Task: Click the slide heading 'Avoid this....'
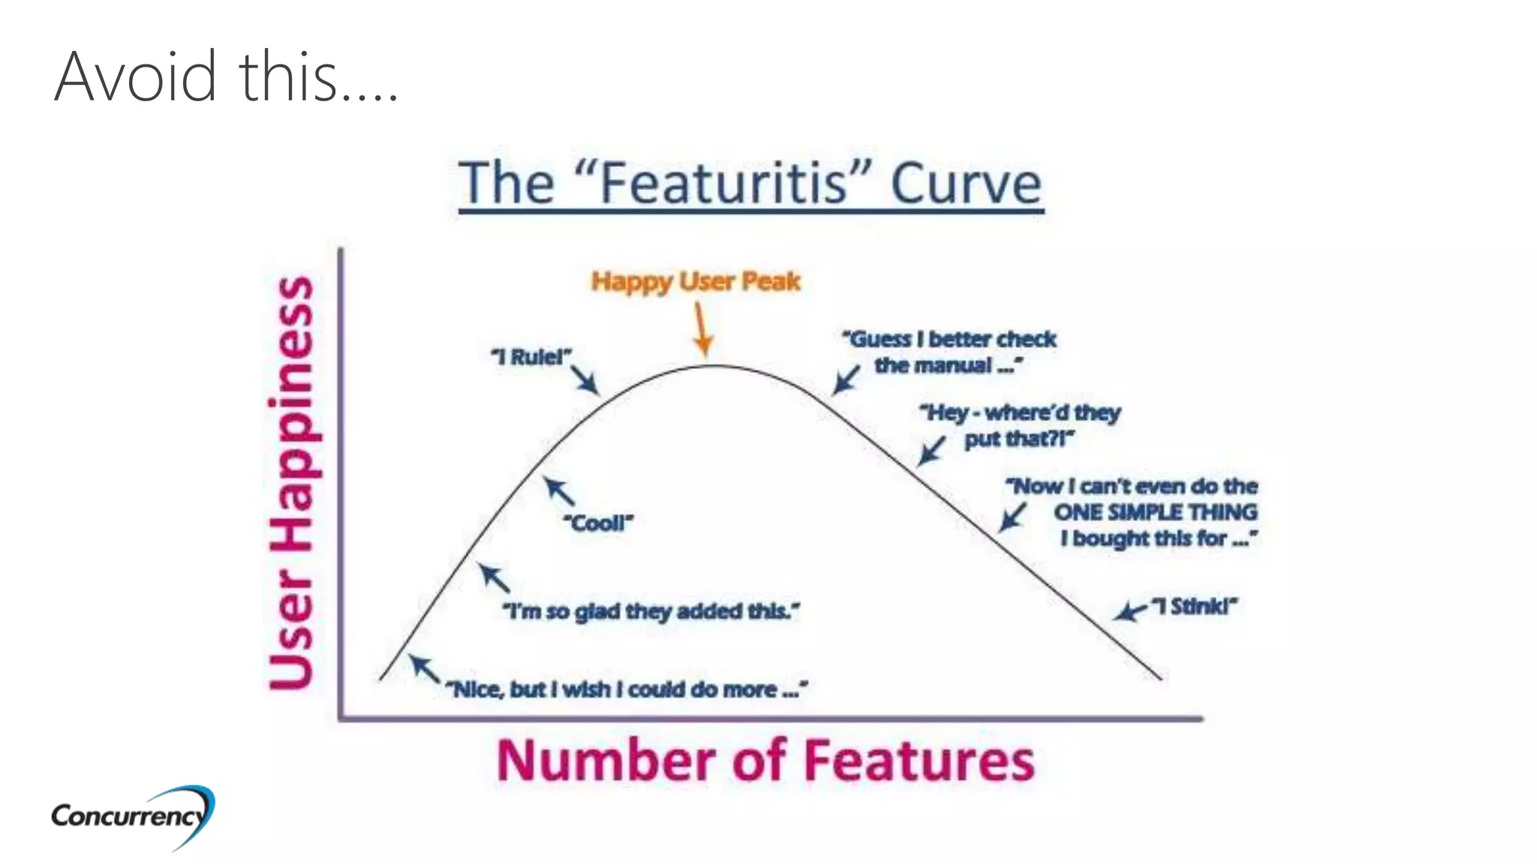225,76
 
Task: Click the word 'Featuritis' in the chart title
725,183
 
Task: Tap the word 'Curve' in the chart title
966,183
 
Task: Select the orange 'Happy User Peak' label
695,281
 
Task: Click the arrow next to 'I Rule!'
585,379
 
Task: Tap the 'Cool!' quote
598,523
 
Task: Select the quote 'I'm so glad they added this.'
651,612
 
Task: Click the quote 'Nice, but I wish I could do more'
627,689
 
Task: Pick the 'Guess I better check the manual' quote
949,352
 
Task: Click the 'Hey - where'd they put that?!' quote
1019,425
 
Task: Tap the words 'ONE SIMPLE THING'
1155,512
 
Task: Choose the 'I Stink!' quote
1194,606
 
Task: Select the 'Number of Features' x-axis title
765,760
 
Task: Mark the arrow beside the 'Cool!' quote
559,491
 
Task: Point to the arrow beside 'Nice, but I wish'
425,668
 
